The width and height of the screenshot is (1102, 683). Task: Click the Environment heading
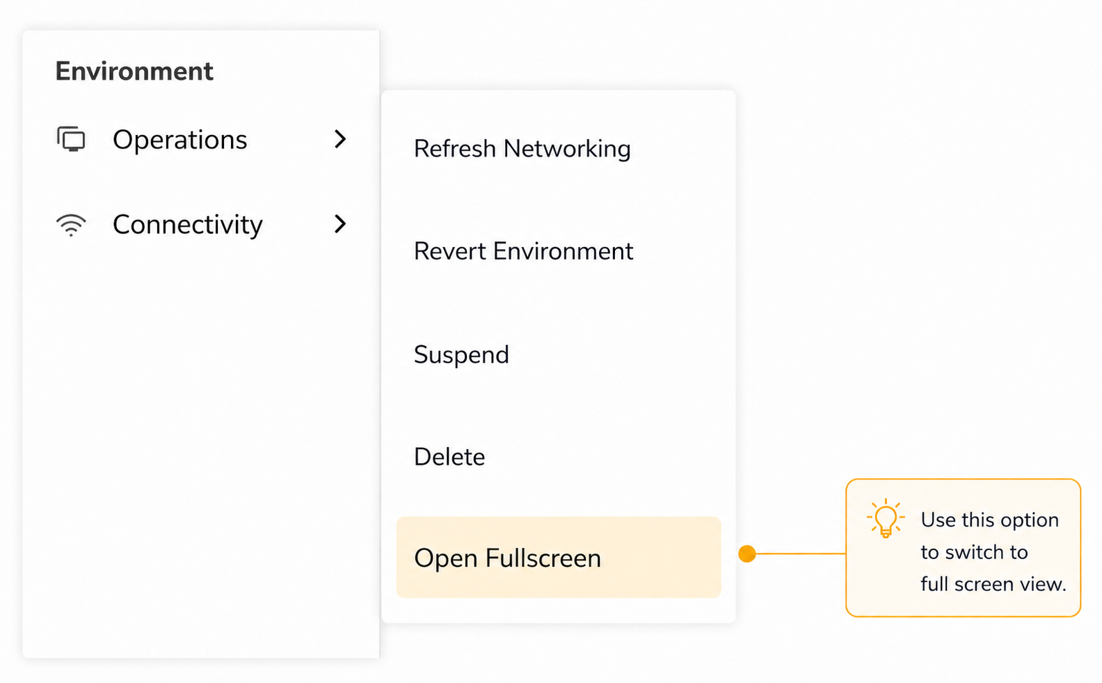134,71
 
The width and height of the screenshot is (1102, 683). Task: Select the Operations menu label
180,140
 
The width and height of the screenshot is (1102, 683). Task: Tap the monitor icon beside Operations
71,139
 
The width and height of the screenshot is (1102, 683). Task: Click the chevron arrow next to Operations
340,139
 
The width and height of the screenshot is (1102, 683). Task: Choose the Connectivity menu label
187,226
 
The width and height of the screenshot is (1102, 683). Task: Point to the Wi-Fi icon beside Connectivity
71,226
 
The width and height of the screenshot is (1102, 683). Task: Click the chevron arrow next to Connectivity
340,224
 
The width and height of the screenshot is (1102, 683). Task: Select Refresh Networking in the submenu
522,149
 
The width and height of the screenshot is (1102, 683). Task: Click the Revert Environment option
524,251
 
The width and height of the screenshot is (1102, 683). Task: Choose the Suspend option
461,355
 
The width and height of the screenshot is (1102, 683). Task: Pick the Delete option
450,457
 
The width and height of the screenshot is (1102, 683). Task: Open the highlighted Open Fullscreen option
559,558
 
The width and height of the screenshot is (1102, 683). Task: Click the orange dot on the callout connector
747,554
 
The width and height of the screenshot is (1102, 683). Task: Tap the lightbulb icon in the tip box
885,518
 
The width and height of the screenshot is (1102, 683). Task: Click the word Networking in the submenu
567,149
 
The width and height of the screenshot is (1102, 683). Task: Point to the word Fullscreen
543,558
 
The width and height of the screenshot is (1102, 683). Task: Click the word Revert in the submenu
450,251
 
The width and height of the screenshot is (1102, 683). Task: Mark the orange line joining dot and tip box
801,554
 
